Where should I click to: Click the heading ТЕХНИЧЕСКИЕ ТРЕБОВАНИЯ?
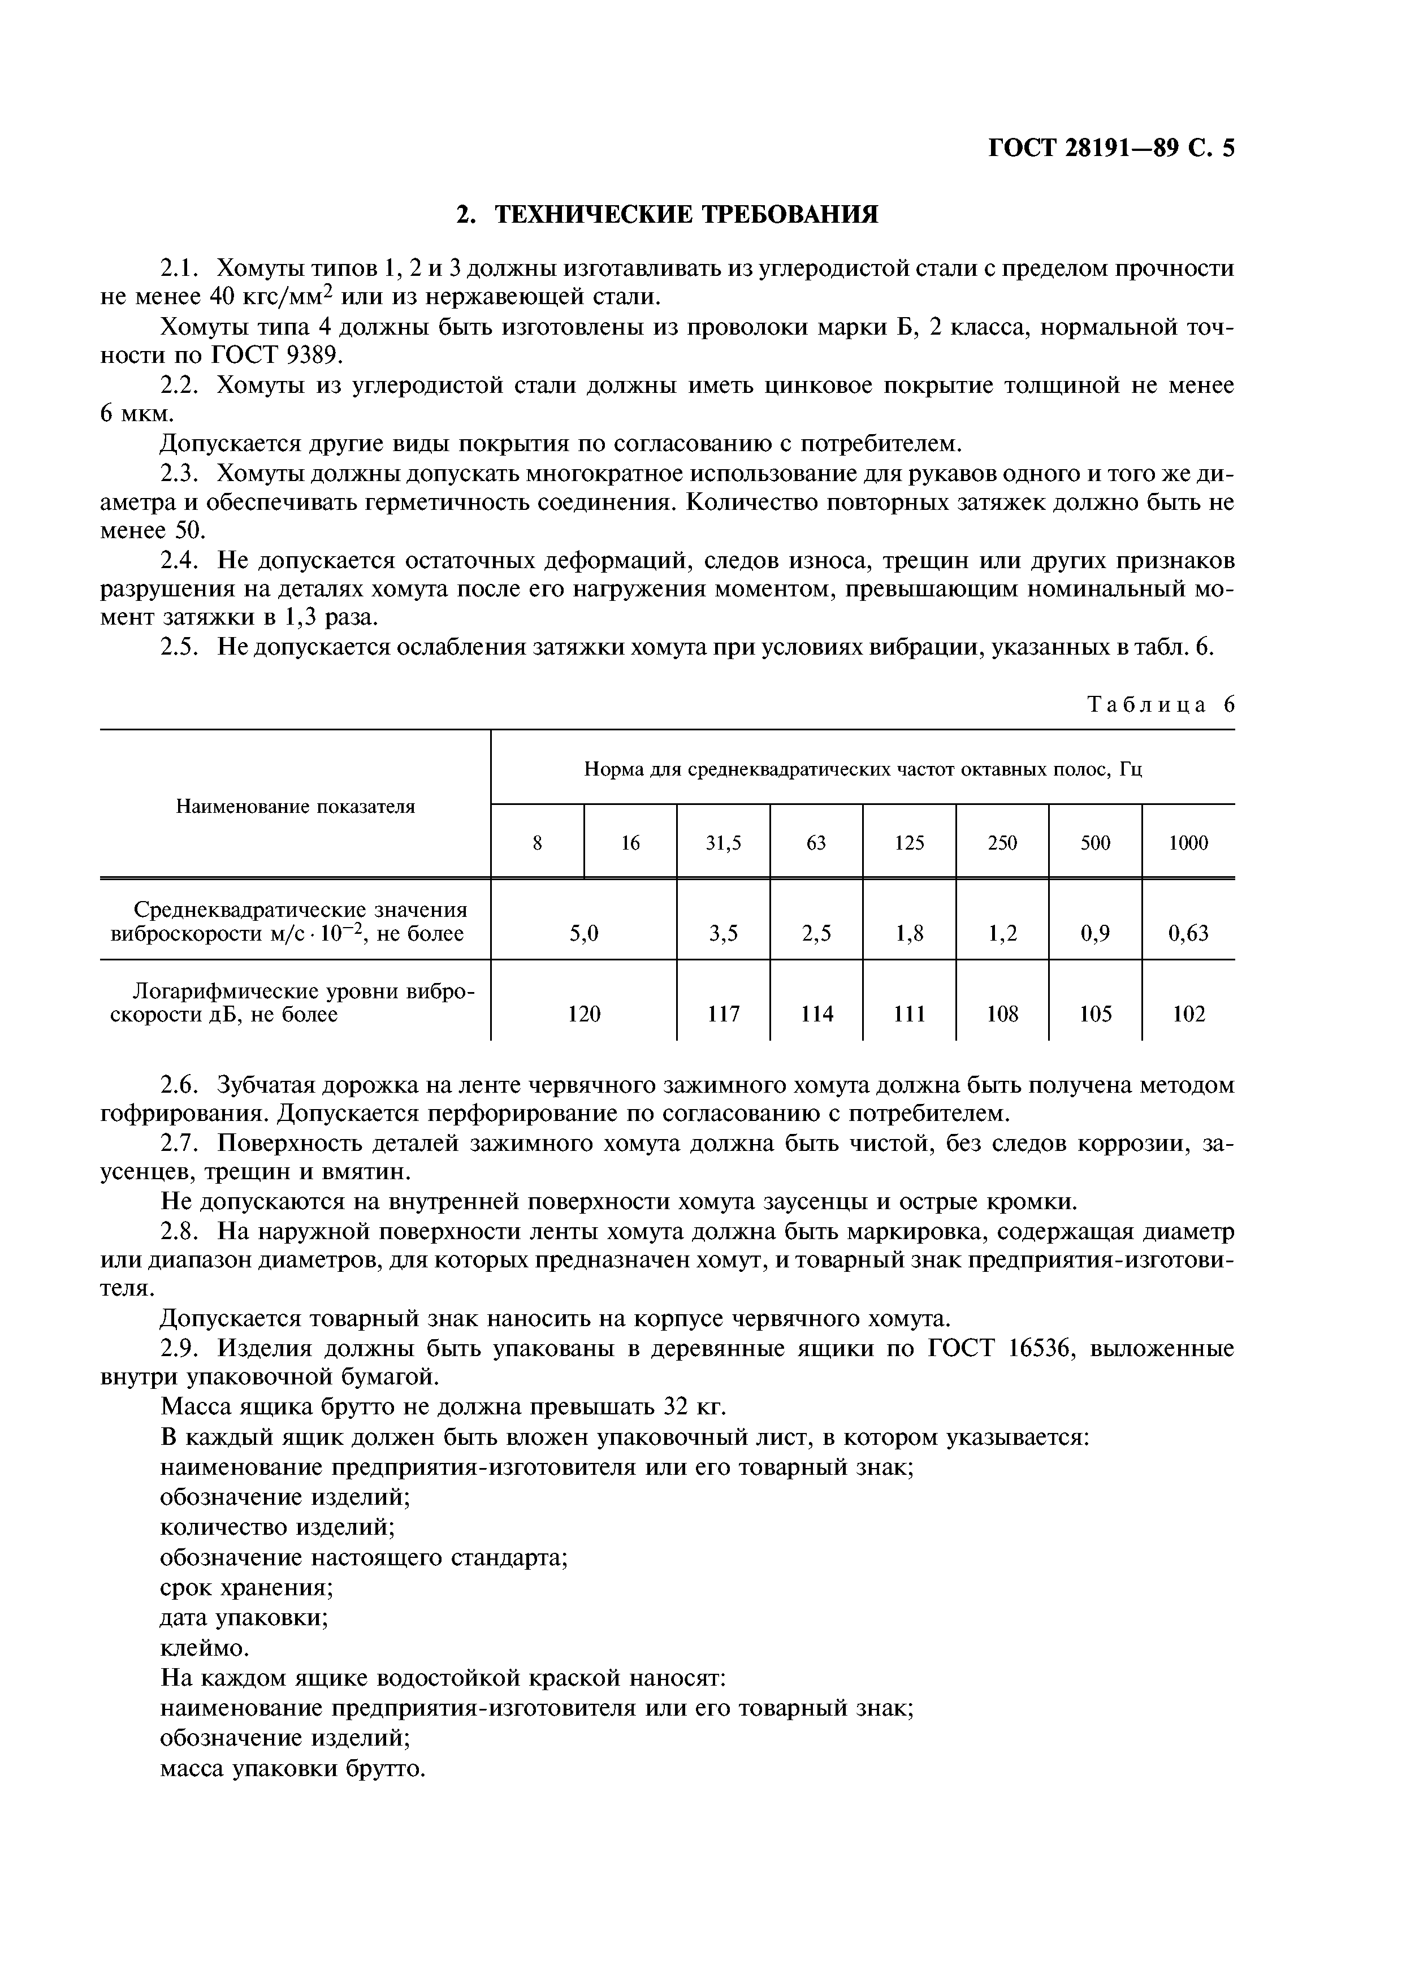click(x=667, y=214)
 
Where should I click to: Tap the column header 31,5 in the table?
click(x=723, y=843)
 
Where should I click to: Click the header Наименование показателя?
click(x=296, y=806)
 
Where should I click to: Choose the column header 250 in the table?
click(x=1002, y=843)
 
